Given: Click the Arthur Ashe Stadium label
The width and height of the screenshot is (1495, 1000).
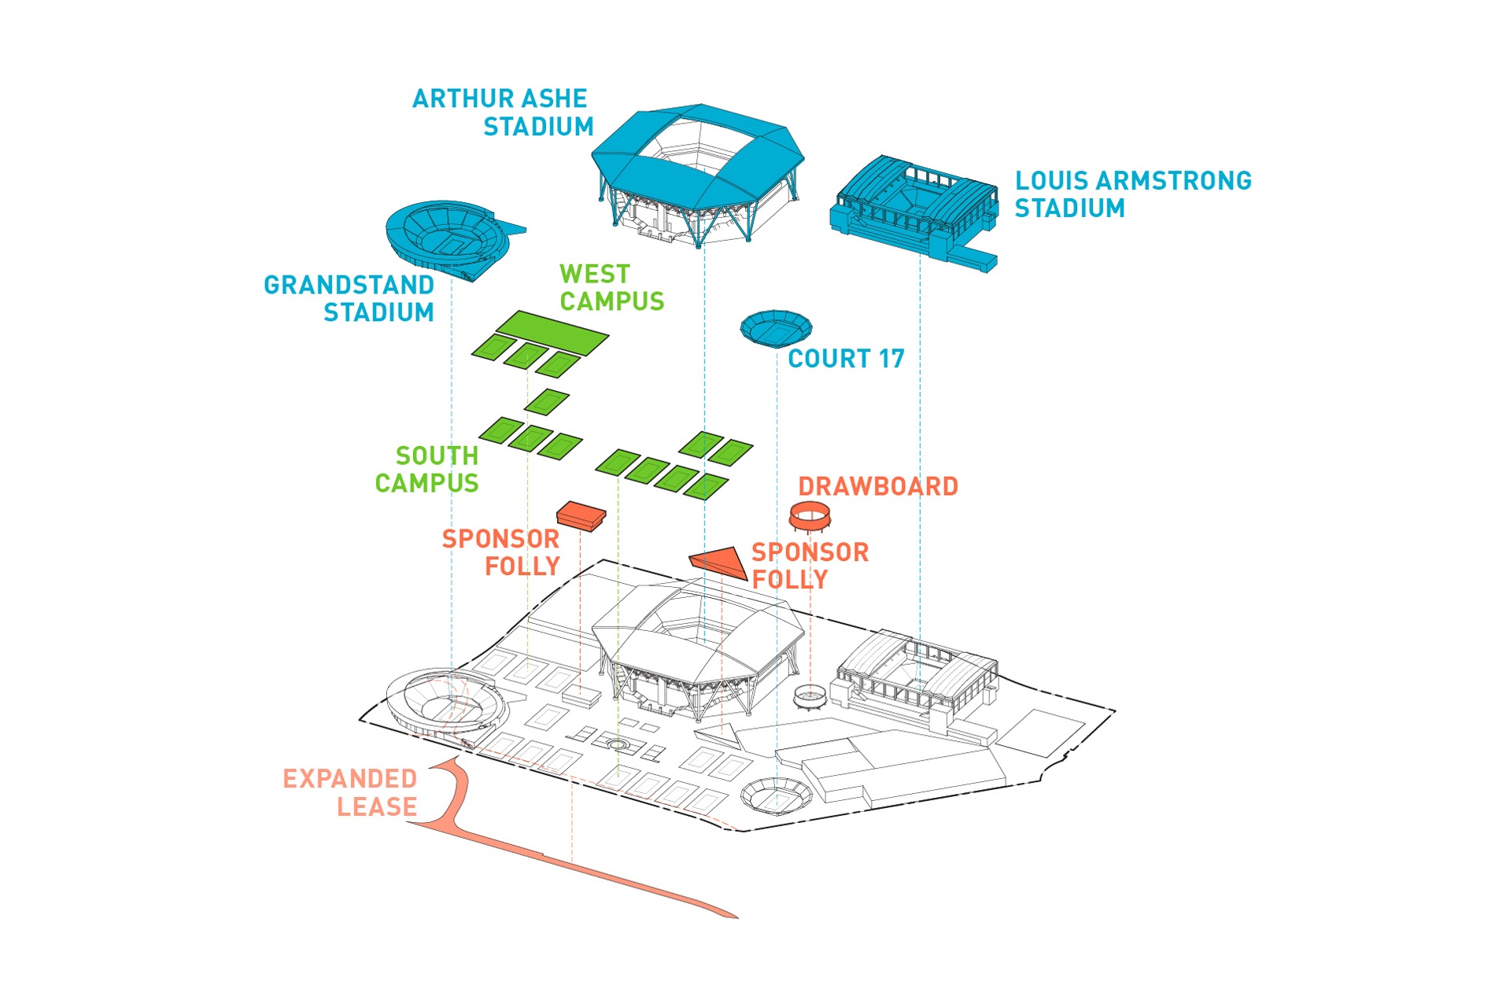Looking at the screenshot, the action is pyautogui.click(x=503, y=113).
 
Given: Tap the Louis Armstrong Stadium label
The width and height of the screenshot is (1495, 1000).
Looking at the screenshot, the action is pyautogui.click(x=1133, y=194).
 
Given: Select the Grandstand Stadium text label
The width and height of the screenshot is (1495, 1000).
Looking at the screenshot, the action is pyautogui.click(x=349, y=298).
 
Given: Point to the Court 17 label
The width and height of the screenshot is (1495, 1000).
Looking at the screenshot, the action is pyautogui.click(x=846, y=359).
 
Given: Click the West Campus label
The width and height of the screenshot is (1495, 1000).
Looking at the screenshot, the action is pyautogui.click(x=611, y=287).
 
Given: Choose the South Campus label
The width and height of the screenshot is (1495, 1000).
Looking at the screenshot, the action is pyautogui.click(x=426, y=469).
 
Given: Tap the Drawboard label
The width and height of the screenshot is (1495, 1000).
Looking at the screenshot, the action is pyautogui.click(x=878, y=486).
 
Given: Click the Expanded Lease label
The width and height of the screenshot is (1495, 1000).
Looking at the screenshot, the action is pyautogui.click(x=350, y=792).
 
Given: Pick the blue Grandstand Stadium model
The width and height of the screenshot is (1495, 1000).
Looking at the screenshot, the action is pyautogui.click(x=449, y=238).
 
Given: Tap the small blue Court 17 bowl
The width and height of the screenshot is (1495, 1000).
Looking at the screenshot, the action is pyautogui.click(x=776, y=328).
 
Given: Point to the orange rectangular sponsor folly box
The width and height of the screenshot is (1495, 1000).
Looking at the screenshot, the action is pyautogui.click(x=581, y=515).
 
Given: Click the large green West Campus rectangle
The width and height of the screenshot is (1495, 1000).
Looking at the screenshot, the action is pyautogui.click(x=552, y=332).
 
